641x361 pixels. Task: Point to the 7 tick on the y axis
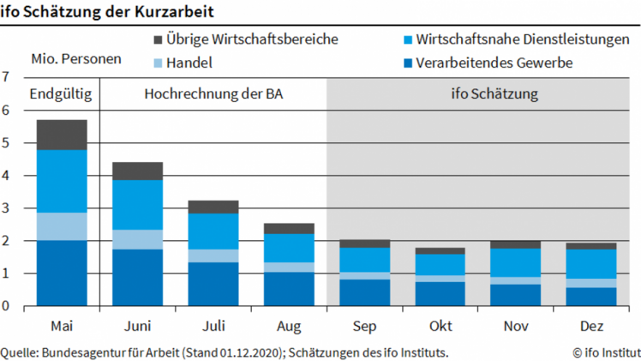coord(6,77)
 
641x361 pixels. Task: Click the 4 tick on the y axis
coord(6,176)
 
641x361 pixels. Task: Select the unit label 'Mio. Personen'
coord(75,59)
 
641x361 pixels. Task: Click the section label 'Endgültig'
coord(61,93)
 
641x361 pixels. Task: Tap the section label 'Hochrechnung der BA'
coord(213,93)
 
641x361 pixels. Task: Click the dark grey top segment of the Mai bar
coord(61,135)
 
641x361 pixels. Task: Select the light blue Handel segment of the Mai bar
coord(61,226)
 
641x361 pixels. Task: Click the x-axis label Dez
coord(591,327)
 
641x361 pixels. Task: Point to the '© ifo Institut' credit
coord(606,352)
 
